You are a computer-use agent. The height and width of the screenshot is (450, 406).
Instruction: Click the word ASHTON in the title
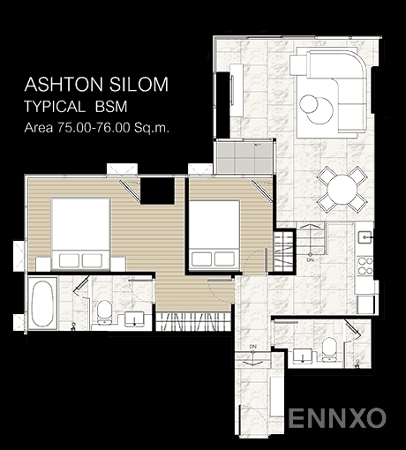click(64, 85)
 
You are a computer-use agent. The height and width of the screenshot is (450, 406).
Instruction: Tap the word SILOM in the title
click(139, 85)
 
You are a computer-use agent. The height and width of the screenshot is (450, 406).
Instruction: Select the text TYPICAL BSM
click(76, 107)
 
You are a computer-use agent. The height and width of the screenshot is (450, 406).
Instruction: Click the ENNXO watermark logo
click(337, 417)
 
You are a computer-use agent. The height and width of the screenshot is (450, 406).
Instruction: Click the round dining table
click(342, 190)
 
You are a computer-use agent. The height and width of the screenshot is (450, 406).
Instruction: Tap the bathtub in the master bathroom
click(42, 304)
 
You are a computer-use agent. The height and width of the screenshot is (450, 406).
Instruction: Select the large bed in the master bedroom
click(80, 234)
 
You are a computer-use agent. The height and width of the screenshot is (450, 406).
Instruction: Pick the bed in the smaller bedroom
click(214, 235)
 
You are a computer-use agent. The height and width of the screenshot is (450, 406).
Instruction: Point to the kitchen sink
click(365, 237)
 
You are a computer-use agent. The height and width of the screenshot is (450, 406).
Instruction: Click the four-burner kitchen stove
click(365, 266)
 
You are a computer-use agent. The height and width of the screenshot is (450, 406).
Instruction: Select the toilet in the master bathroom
click(104, 312)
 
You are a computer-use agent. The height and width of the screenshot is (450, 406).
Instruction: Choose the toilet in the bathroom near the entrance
click(329, 349)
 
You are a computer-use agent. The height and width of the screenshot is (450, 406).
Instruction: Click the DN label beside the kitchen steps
click(311, 260)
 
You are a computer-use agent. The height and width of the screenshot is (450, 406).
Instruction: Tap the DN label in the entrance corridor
click(252, 347)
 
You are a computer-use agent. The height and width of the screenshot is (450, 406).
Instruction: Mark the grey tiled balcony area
click(244, 158)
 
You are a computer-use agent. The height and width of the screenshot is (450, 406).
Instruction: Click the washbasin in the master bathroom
click(134, 319)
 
